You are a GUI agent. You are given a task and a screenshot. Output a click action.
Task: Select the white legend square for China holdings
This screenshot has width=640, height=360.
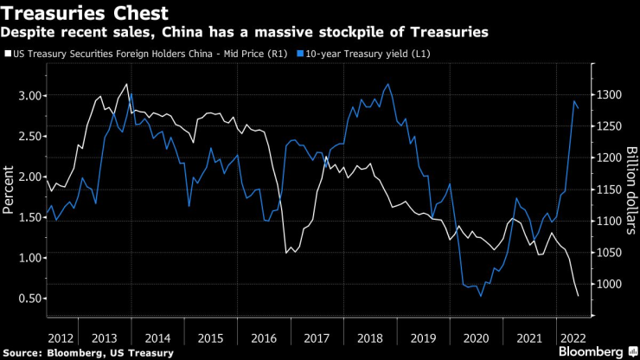tap(8, 54)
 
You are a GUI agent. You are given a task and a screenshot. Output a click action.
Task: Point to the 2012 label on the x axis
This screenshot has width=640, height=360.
tap(61, 336)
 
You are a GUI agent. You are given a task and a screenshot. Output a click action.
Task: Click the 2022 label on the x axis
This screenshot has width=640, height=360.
tap(573, 336)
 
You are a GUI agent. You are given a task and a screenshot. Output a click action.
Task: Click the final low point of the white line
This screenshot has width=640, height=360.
tap(578, 296)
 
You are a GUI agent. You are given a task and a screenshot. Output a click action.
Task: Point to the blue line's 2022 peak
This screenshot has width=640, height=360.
tap(575, 101)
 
